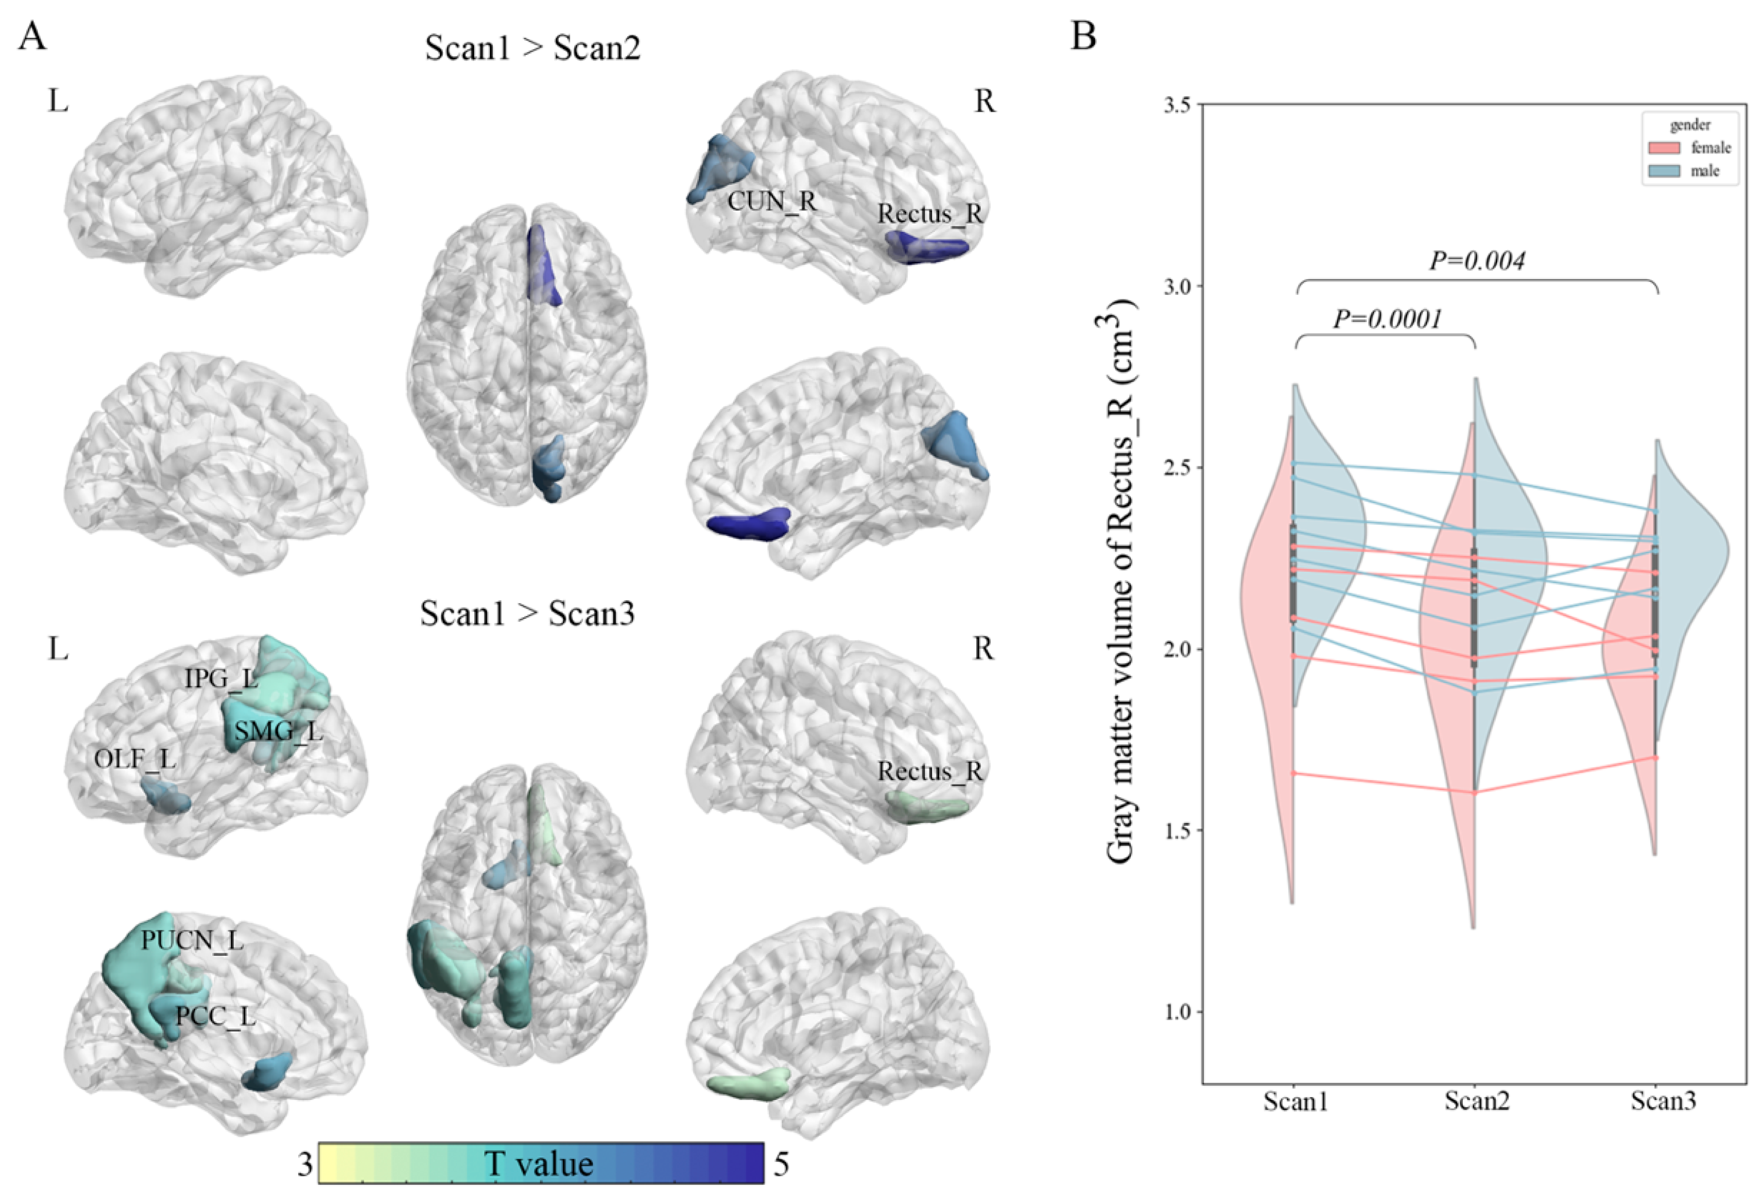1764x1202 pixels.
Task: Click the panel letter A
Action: point(32,36)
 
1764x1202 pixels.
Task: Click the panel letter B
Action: point(1083,36)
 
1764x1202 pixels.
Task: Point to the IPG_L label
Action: point(221,678)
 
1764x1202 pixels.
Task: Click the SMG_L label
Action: point(278,732)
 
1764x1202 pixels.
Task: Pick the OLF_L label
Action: point(135,758)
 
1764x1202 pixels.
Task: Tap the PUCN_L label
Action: point(192,941)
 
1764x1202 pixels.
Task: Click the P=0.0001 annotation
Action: point(1387,319)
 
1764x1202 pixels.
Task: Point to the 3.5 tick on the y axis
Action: point(1178,105)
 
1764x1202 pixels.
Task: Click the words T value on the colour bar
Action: point(539,1163)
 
